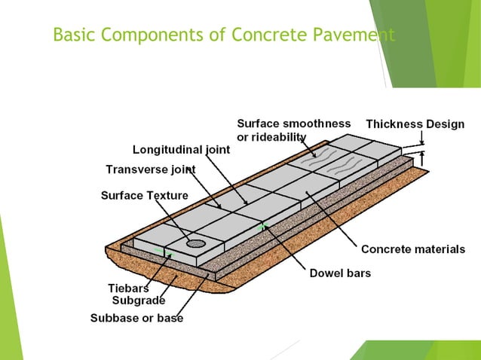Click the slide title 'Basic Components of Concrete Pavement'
click(224, 35)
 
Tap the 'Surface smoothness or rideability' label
click(293, 130)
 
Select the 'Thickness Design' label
click(415, 124)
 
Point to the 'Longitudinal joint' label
click(181, 149)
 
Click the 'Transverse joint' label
click(151, 169)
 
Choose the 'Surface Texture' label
click(145, 197)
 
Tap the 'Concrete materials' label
click(412, 249)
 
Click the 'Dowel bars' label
click(340, 273)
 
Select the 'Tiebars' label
click(128, 288)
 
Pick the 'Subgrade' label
click(138, 301)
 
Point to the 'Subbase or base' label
click(136, 319)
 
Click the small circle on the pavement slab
click(196, 243)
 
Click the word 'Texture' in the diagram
click(167, 197)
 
